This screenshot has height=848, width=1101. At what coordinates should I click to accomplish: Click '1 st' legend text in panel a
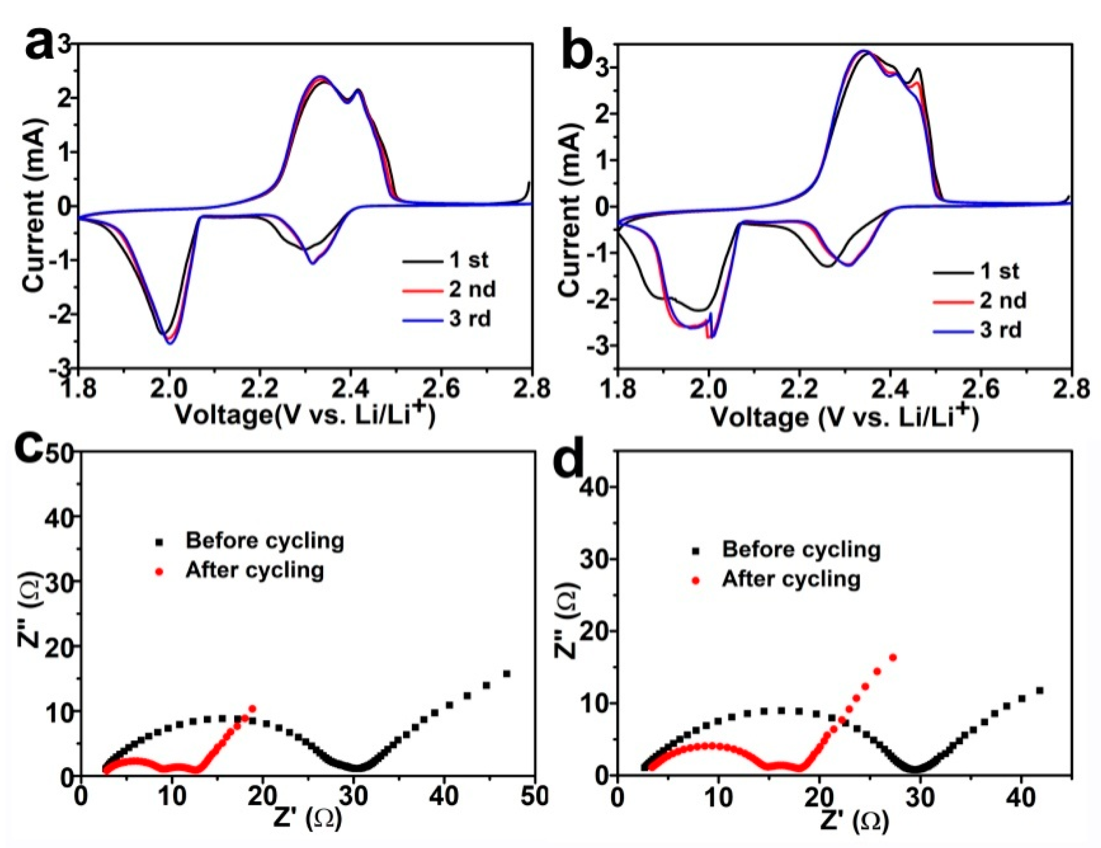pos(469,260)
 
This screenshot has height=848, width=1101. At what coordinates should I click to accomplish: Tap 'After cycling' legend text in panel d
pos(791,579)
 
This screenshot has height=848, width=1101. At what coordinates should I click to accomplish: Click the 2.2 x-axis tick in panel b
pos(799,390)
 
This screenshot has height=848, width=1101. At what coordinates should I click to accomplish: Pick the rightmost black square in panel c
pos(507,673)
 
